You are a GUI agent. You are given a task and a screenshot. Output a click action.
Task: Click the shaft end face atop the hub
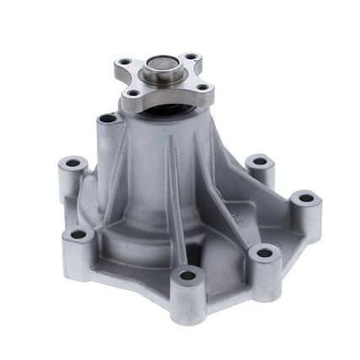pos(161,65)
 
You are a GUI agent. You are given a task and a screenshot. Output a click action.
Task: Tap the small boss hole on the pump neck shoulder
pos(105,119)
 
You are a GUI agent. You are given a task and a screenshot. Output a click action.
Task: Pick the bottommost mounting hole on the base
pos(187,275)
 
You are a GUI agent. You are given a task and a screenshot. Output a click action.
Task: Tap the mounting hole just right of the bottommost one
pos(264,251)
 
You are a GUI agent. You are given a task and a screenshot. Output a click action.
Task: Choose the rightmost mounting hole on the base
pos(305,199)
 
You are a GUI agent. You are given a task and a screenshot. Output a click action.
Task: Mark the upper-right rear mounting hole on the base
pos(260,160)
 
